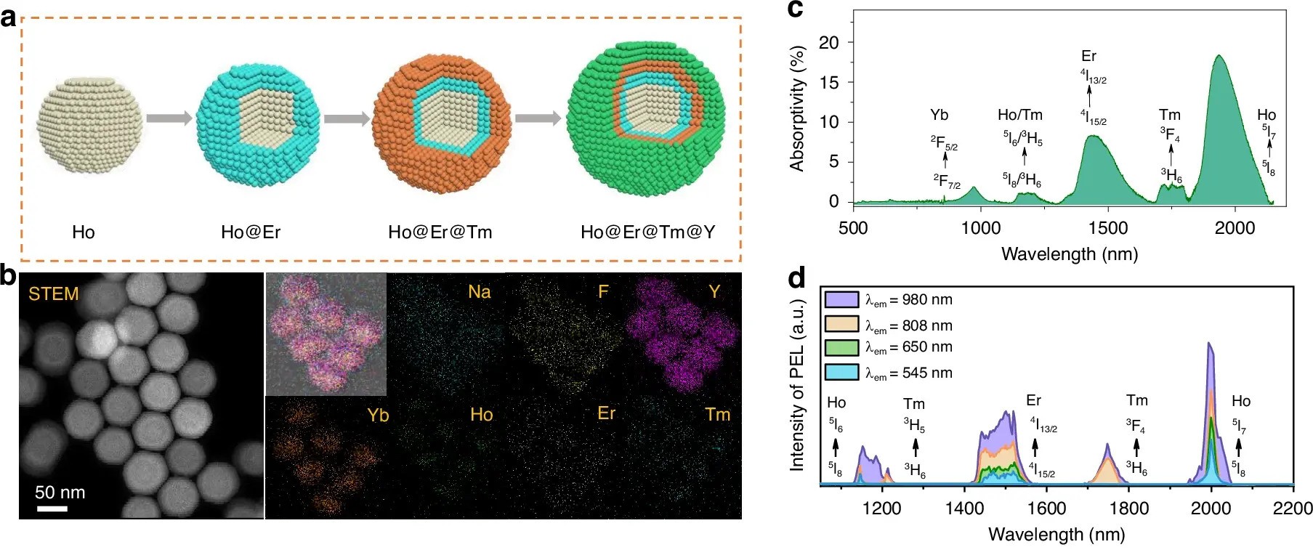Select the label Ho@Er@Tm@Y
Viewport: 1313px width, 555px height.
tap(647, 232)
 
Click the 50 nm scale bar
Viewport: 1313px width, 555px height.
tap(52, 509)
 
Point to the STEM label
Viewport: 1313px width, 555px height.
tap(53, 294)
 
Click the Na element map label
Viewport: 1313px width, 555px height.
tap(480, 292)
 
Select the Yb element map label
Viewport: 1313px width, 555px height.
tap(378, 416)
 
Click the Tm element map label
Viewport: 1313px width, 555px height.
tap(717, 415)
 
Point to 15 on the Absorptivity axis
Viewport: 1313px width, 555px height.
tap(828, 82)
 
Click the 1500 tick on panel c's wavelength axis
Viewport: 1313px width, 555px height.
tap(1107, 228)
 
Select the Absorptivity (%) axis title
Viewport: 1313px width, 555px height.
tap(797, 109)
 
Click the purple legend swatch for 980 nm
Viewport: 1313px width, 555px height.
tap(841, 299)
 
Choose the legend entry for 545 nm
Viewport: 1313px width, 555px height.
tap(908, 373)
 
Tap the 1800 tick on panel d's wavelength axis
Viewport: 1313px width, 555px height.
tap(1128, 508)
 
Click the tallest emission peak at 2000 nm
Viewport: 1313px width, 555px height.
tap(1209, 344)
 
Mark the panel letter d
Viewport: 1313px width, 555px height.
tap(796, 278)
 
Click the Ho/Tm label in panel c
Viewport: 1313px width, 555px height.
tap(1019, 115)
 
